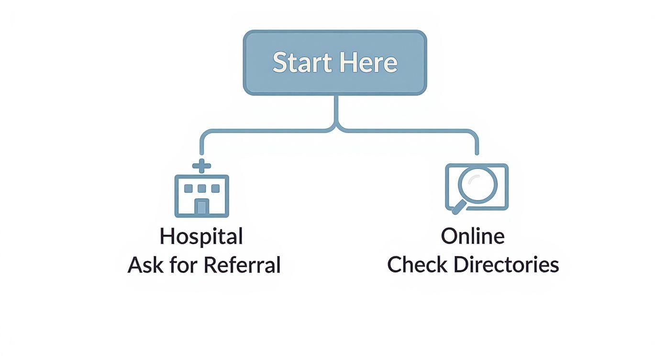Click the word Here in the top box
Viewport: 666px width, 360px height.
click(x=369, y=63)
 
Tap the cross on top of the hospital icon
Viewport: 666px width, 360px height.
click(x=201, y=166)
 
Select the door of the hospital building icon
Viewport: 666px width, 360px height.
click(x=201, y=207)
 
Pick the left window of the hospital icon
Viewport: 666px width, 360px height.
click(x=188, y=188)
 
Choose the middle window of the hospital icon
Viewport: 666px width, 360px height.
click(x=201, y=188)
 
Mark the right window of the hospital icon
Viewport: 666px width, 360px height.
click(x=215, y=188)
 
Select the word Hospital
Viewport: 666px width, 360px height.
click(x=201, y=236)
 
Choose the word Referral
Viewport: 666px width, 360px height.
click(x=242, y=265)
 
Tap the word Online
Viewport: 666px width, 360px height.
click(x=472, y=236)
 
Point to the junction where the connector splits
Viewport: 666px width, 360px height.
click(x=336, y=128)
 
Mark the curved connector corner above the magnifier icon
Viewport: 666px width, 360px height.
click(x=473, y=134)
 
